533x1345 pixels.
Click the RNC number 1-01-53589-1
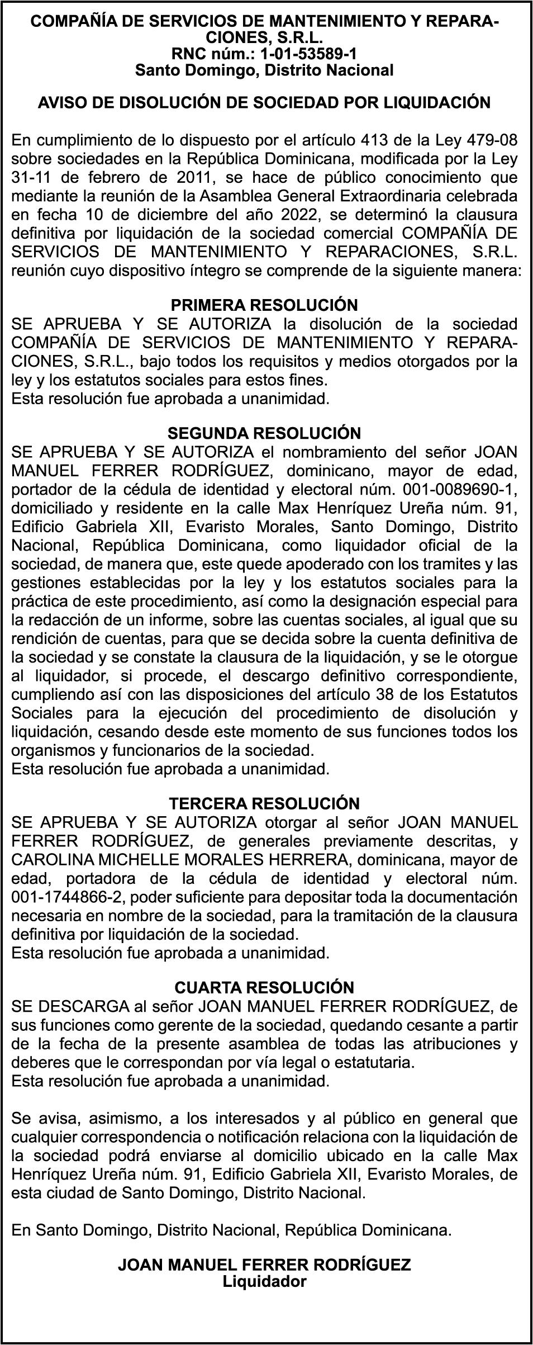tap(304, 54)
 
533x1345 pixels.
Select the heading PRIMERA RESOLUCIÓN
tap(264, 305)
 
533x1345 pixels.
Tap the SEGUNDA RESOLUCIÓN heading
tap(264, 433)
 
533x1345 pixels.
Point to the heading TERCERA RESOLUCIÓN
tap(264, 803)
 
